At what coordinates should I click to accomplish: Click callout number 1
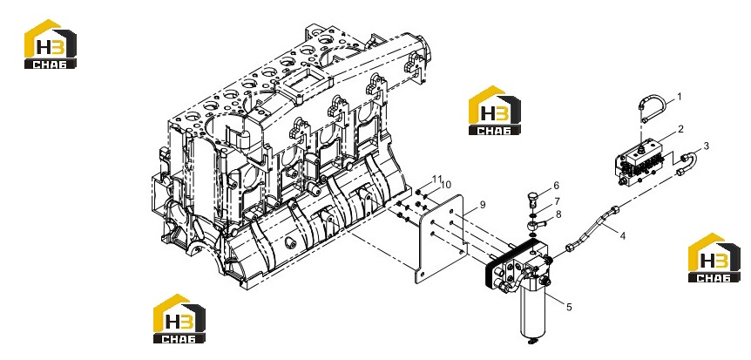coord(679,97)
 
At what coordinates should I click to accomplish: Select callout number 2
coord(680,129)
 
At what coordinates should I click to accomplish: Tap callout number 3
coord(706,146)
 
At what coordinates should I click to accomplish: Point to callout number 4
coord(623,235)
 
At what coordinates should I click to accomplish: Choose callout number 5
coord(569,307)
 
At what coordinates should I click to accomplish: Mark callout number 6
coord(556,185)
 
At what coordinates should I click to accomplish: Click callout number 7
coord(558,200)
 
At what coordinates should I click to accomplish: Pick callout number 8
coord(558,214)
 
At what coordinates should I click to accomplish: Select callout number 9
coord(483,205)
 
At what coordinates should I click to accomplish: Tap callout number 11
coord(436,179)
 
